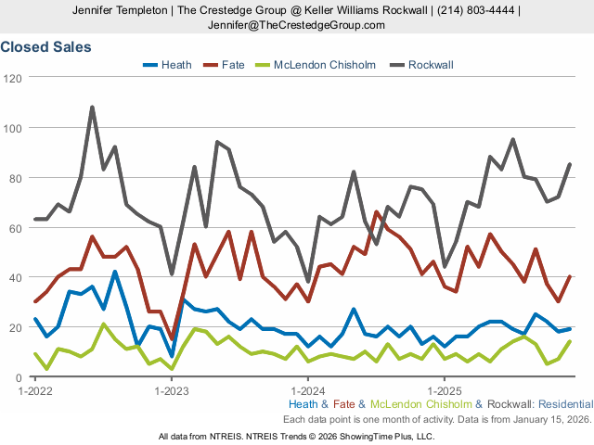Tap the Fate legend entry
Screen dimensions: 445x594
click(233, 65)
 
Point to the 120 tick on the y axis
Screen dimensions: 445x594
click(14, 78)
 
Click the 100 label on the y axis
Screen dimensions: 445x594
click(14, 128)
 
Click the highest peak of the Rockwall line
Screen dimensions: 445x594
click(92, 107)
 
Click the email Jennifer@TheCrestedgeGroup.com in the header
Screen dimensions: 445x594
click(296, 25)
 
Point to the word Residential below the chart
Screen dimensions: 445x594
click(564, 404)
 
